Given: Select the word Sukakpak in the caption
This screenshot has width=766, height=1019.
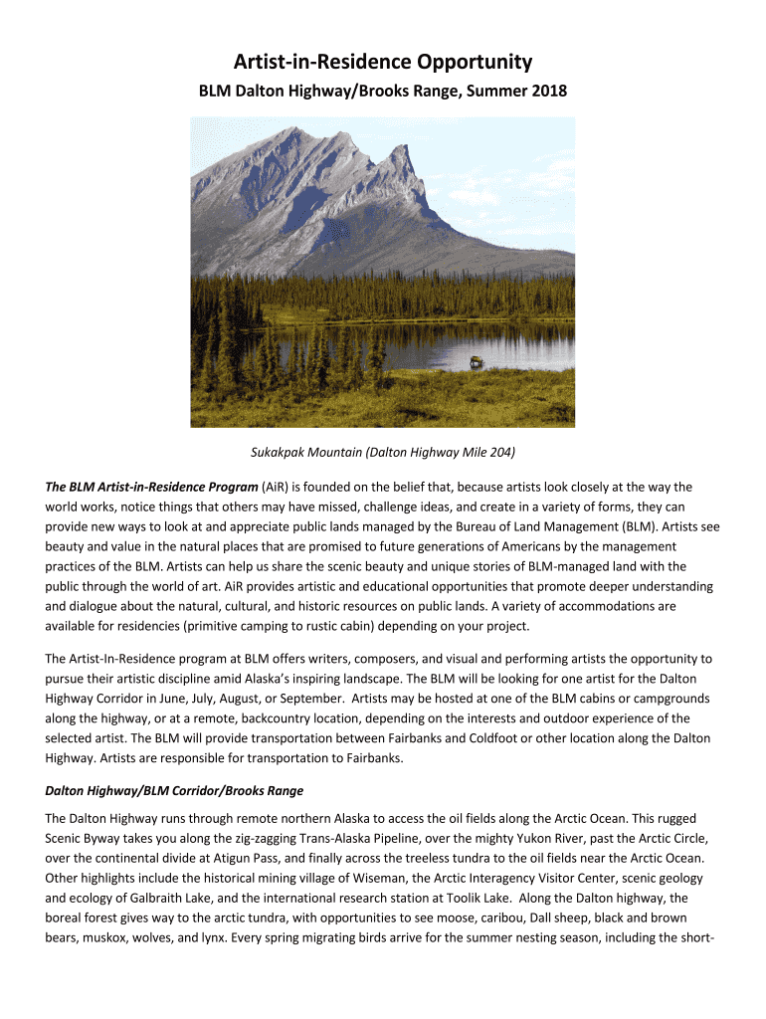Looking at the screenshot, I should click(x=278, y=453).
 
